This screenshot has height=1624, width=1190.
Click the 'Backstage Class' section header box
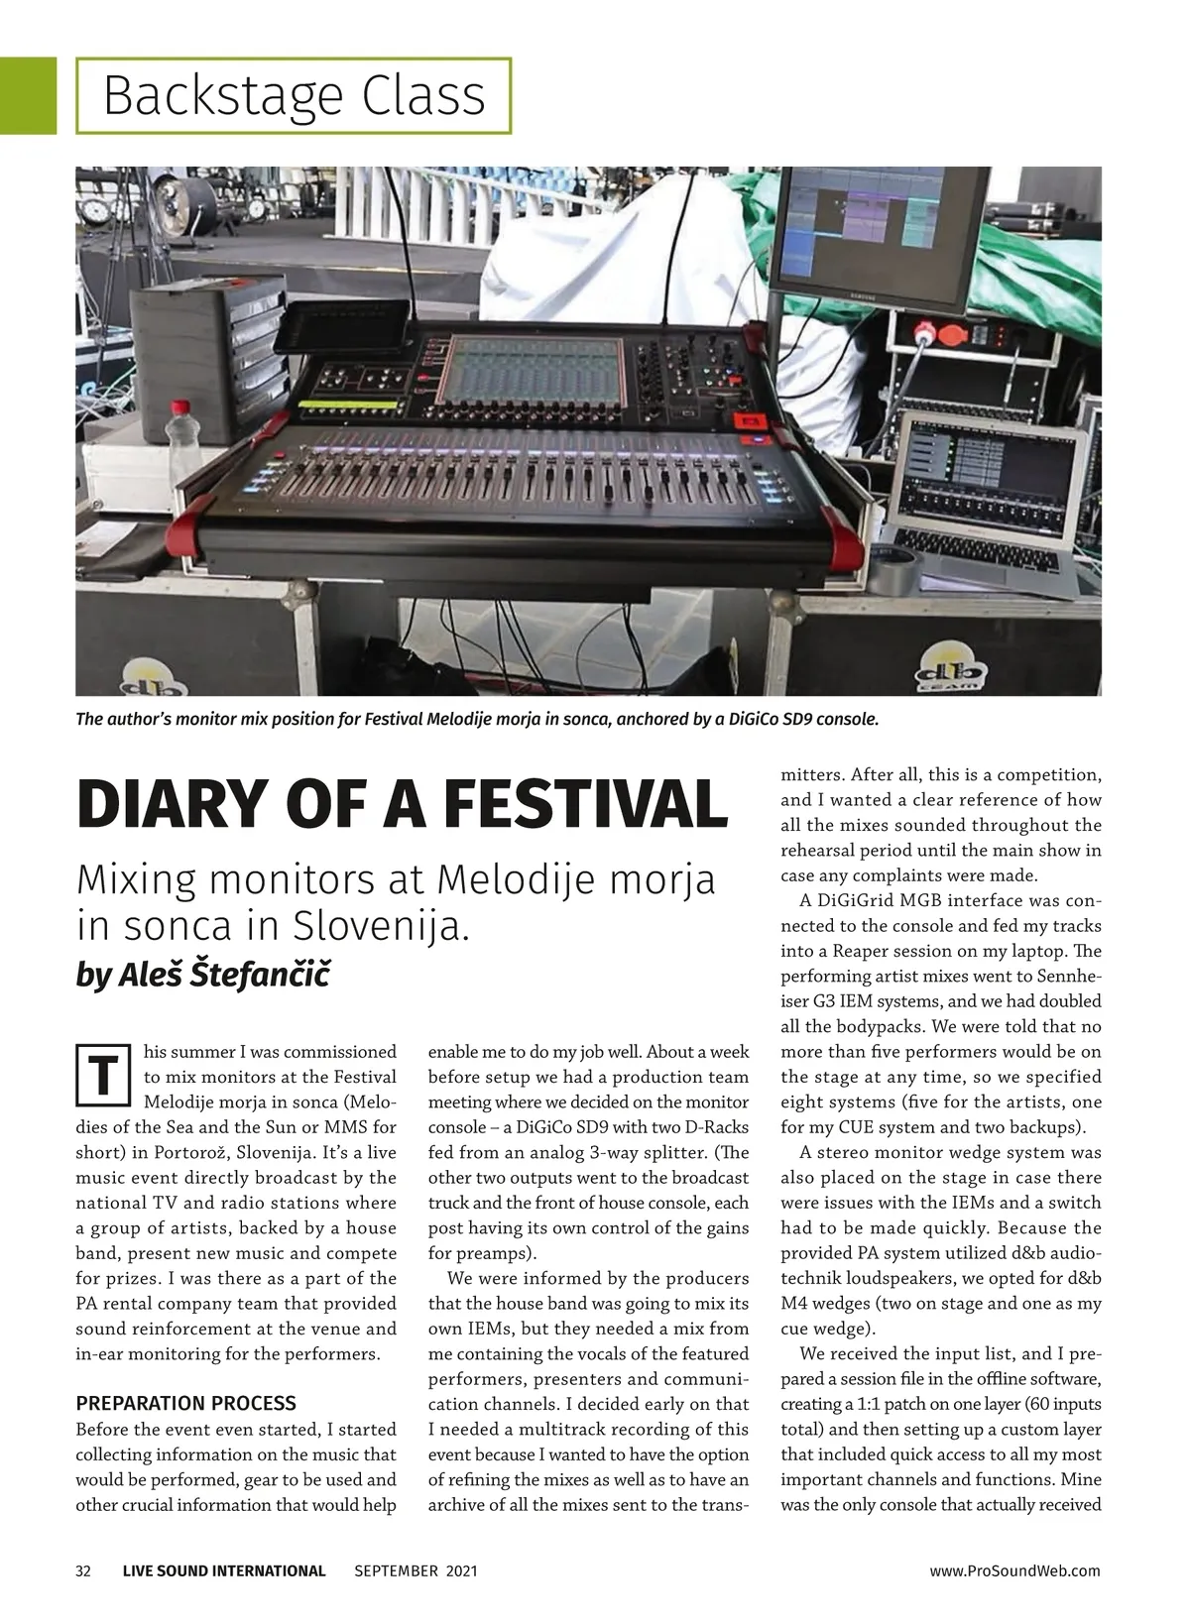click(294, 96)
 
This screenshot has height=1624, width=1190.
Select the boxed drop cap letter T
click(103, 1075)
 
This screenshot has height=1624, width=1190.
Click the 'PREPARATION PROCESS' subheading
click(185, 1403)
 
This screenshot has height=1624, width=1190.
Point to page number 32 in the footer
click(83, 1570)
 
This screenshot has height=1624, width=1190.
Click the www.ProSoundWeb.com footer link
click(1014, 1570)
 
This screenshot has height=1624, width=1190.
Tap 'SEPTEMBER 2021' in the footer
click(416, 1570)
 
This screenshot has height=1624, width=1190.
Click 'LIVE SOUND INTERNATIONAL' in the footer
click(224, 1570)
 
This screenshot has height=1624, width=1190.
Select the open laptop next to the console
click(992, 506)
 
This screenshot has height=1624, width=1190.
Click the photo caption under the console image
click(477, 719)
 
